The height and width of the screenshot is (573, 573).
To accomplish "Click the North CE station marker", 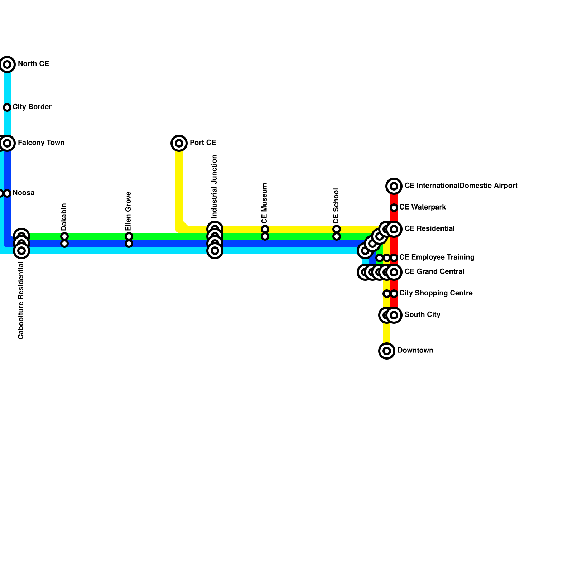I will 7,64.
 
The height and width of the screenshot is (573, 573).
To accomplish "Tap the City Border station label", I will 32,107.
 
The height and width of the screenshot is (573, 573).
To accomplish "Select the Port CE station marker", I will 179,143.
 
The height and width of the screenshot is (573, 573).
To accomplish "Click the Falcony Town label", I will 41,143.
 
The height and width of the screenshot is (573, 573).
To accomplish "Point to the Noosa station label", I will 24,193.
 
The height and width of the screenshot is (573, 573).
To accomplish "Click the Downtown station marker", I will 386,351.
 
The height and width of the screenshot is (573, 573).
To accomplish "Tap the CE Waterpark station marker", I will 394,208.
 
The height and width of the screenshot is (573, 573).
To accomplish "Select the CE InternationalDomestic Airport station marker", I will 394,186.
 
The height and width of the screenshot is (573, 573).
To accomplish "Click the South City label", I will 422,315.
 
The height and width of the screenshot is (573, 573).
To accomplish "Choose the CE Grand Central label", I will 434,272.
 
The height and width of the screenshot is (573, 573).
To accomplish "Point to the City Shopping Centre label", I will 435,293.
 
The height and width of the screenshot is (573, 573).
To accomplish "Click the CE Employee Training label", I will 437,257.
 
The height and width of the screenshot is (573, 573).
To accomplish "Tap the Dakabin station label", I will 64,217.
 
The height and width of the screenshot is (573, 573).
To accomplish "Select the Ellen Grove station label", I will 129,211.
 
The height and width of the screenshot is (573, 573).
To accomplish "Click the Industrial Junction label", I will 215,186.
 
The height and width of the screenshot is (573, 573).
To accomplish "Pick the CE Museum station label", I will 265,203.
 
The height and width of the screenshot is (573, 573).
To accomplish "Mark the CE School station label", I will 336,206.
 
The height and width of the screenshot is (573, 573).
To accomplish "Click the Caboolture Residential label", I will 21,301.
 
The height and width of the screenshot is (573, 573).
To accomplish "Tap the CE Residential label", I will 429,229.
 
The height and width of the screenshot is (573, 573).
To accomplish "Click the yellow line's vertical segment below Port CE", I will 179,186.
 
